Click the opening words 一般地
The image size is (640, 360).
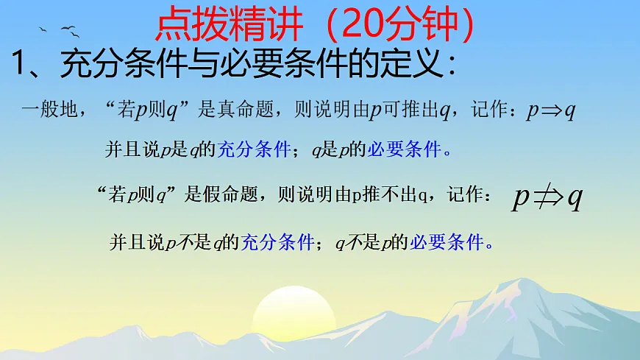pos(49,111)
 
